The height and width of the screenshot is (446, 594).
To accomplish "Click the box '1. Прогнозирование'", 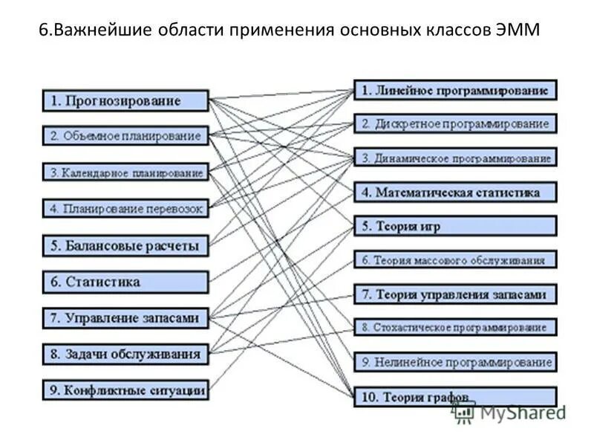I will coord(125,101).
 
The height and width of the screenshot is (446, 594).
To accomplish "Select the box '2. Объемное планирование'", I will coord(125,136).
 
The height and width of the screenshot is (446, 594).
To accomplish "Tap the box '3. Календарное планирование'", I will coord(125,172).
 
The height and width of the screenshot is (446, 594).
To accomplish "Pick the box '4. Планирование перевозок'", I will coord(125,209).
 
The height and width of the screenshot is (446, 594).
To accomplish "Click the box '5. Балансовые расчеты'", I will coord(125,246).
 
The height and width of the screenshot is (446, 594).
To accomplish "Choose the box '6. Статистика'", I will coord(125,282).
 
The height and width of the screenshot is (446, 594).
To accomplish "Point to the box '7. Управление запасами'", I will coord(125,318).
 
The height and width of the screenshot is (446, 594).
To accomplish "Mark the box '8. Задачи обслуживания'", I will coord(125,354).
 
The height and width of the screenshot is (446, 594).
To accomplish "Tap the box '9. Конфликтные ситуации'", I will coord(125,390).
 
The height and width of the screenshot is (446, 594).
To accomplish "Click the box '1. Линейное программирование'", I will coord(454,90).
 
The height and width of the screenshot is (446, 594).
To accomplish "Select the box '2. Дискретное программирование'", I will coord(454,123).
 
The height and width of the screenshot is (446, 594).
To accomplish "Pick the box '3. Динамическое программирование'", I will coord(454,158).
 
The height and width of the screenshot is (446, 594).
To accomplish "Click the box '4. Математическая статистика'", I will coord(454,193).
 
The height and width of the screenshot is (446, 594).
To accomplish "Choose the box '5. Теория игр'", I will coord(454,227).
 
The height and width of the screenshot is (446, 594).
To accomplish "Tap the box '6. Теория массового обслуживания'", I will coord(454,260).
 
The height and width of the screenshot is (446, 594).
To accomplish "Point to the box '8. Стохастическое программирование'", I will coord(454,327).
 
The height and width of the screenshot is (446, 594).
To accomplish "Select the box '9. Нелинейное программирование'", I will coord(454,362).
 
